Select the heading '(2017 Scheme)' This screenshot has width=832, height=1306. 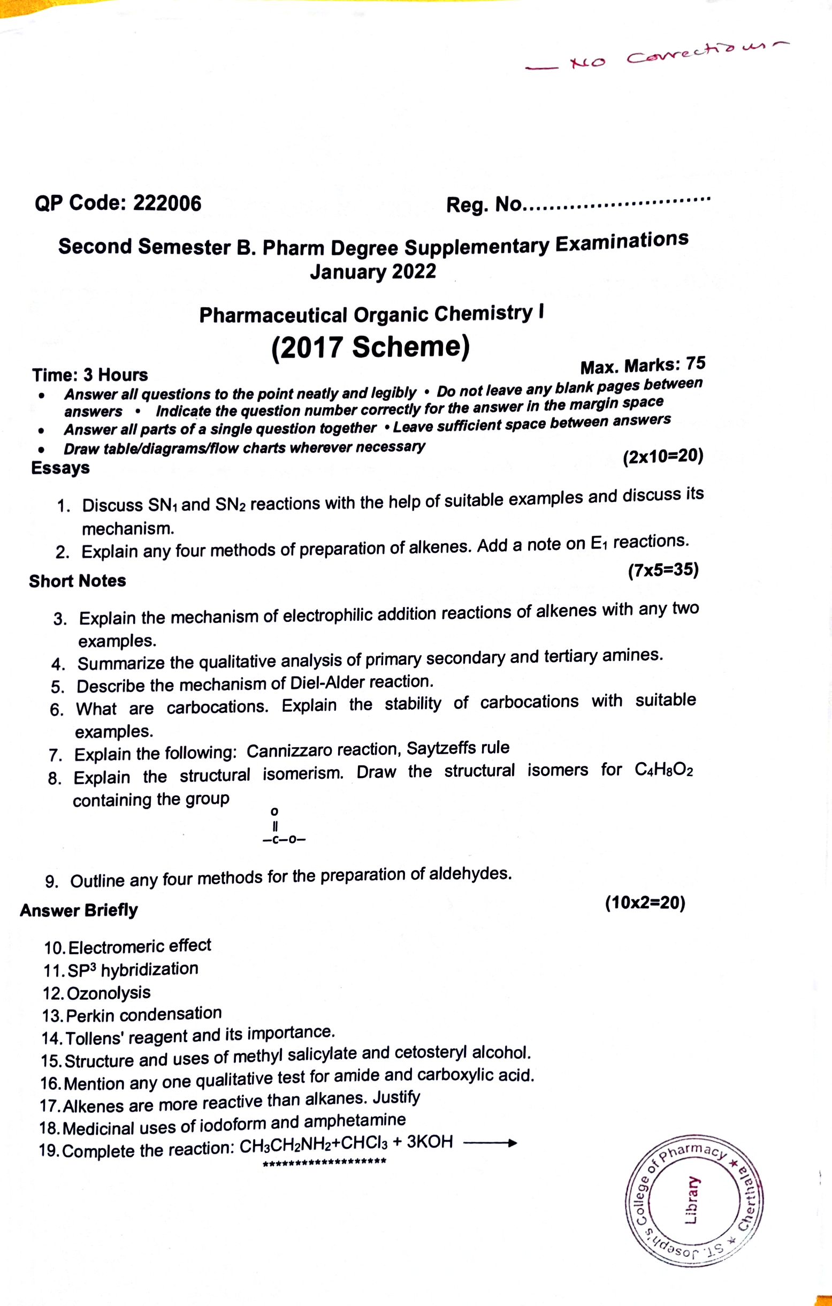[370, 347]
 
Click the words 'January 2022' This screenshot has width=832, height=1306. [373, 271]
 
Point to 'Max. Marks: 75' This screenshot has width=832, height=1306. [642, 366]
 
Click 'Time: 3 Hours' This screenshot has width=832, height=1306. [90, 375]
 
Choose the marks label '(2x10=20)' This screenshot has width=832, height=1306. [662, 457]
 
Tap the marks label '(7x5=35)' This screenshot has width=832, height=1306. [663, 571]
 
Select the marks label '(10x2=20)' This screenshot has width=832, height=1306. [645, 903]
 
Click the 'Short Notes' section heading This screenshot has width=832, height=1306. [78, 581]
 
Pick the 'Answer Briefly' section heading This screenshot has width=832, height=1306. [79, 910]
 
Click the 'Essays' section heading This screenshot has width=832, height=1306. [60, 467]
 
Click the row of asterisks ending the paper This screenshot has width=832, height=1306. [324, 1161]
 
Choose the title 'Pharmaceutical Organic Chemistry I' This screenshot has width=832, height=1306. [371, 314]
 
